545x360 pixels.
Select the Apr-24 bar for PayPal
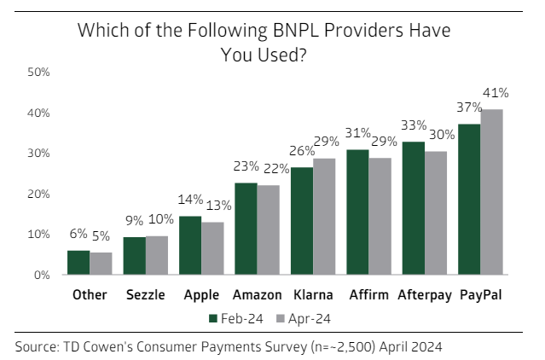tap(491, 192)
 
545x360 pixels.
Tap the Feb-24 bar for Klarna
tap(302, 221)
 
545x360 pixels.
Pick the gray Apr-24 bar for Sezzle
tap(156, 255)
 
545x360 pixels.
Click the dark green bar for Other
tap(78, 263)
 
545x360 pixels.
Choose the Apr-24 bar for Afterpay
tap(435, 213)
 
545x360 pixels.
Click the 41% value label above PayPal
tap(496, 93)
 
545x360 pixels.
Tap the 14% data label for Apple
tap(190, 200)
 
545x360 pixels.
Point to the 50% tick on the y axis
tap(39, 73)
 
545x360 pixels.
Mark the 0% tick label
tap(43, 275)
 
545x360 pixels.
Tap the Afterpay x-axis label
tap(425, 298)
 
